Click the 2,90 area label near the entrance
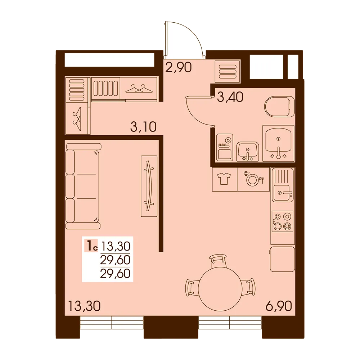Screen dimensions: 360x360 coord(179,68)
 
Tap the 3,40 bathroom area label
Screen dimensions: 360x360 coord(230,97)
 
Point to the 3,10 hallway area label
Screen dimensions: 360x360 coord(143,127)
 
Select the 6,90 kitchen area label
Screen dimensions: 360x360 coord(279,306)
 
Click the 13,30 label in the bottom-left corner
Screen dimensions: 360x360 coord(84,306)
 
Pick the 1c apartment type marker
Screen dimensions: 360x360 coord(91,246)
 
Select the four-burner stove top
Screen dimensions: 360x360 coord(282,221)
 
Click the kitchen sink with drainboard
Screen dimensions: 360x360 coord(282,185)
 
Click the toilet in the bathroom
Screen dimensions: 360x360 coord(280,107)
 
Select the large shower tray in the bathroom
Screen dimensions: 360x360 coord(279,143)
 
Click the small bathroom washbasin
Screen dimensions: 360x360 coord(248,151)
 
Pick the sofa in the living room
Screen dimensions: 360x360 coord(83,186)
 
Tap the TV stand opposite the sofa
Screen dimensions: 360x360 coord(149,186)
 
